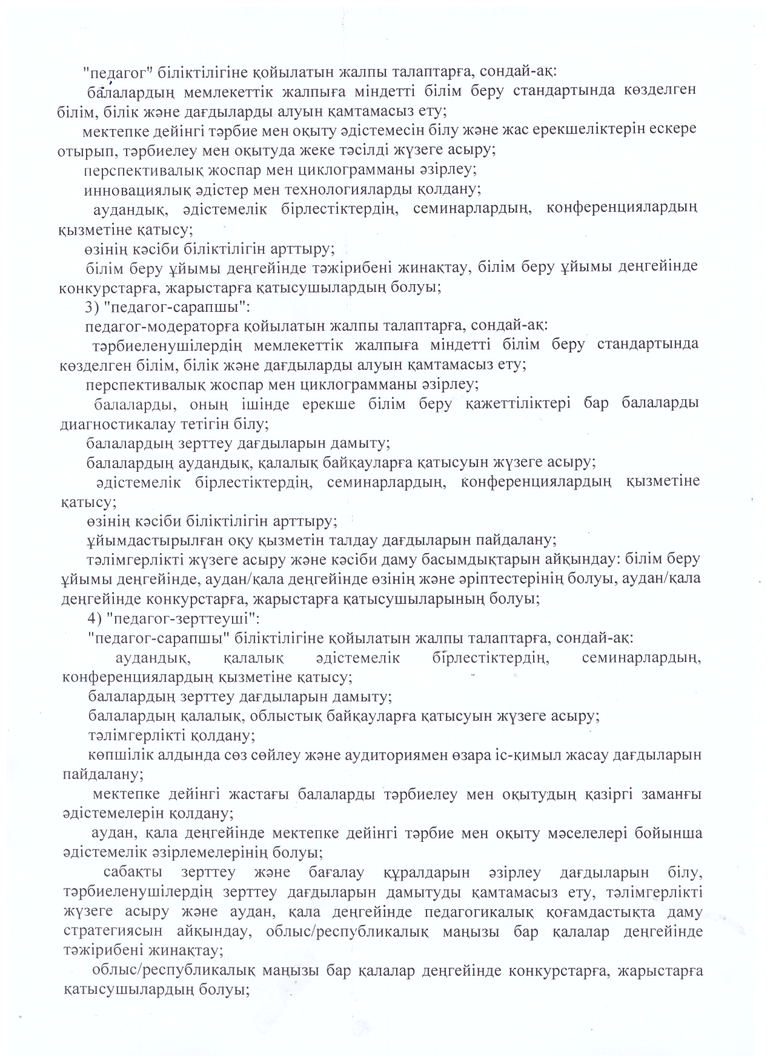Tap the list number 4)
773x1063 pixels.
(96, 618)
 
